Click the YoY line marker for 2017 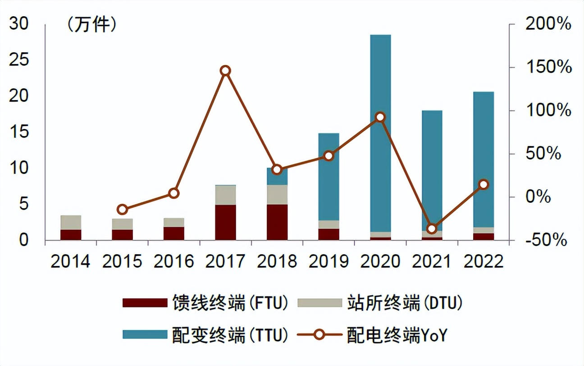[x=225, y=71]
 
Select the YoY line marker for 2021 [x=432, y=229]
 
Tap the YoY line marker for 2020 [x=380, y=117]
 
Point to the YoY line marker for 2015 [x=122, y=209]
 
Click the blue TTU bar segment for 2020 [x=380, y=133]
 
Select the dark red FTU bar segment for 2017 [x=225, y=222]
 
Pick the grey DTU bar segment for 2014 [x=71, y=223]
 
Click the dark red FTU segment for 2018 [x=277, y=222]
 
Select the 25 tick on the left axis [x=19, y=60]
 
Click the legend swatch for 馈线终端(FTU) [x=144, y=303]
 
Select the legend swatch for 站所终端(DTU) [x=319, y=303]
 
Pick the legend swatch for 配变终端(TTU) [x=144, y=334]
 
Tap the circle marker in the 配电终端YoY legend [x=319, y=334]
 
